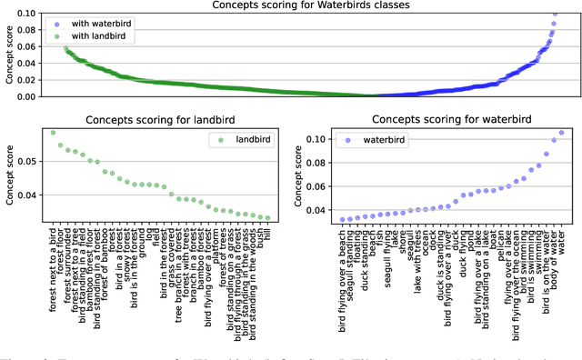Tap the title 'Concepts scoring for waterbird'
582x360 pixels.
[x=451, y=119]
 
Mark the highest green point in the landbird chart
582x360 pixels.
[x=52, y=133]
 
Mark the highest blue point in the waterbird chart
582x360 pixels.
[x=561, y=133]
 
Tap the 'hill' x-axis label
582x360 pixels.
[x=267, y=236]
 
